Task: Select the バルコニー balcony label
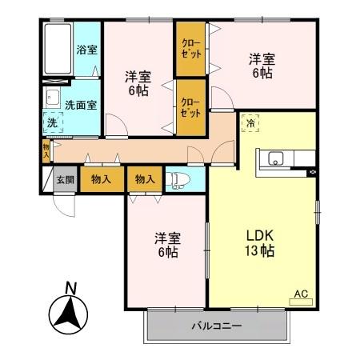(x=216, y=326)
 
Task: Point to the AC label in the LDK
(x=301, y=294)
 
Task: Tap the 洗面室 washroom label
(x=81, y=104)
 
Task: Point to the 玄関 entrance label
(x=65, y=179)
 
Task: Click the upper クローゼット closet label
(x=190, y=48)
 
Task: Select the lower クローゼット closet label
(x=190, y=107)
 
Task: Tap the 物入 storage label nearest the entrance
(x=102, y=179)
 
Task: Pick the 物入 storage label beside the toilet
(x=146, y=179)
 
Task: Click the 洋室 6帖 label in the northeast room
(x=260, y=65)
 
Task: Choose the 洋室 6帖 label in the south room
(x=166, y=245)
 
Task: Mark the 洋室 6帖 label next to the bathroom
(x=137, y=83)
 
